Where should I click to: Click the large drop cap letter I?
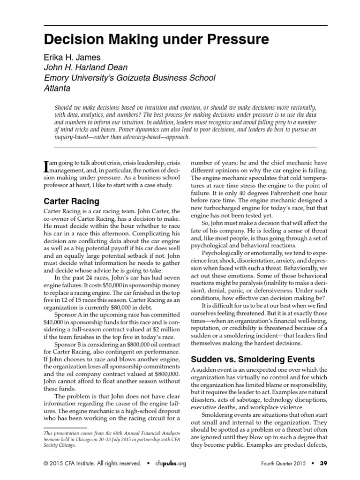[46, 166]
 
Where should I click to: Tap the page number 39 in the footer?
[323, 464]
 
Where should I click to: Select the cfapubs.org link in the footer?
[170, 464]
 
